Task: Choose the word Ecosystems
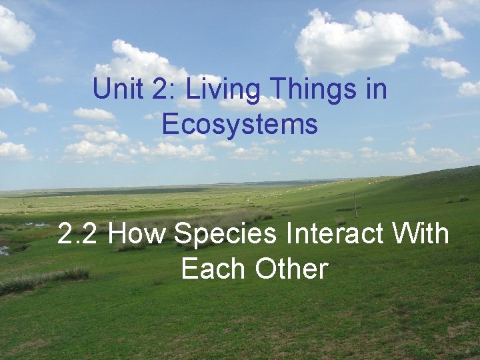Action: (x=239, y=124)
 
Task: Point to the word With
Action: (x=421, y=235)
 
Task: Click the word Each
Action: (x=209, y=269)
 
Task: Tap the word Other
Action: (x=291, y=269)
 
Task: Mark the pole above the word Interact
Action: (x=355, y=205)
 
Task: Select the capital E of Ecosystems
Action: (x=170, y=124)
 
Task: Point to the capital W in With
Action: (x=405, y=235)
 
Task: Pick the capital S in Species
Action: (x=181, y=235)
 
